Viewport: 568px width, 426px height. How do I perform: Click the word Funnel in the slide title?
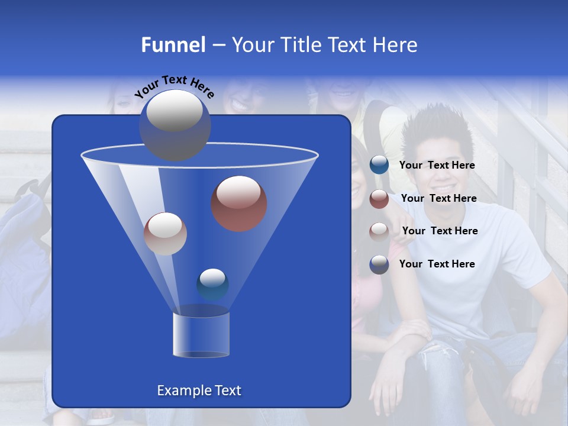(x=173, y=45)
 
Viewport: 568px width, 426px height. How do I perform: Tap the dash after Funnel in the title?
(x=218, y=46)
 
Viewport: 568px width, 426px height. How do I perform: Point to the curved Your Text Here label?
(x=174, y=86)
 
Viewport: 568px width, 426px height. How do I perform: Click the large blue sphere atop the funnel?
(x=175, y=125)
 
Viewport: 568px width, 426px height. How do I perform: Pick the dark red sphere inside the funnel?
(x=239, y=203)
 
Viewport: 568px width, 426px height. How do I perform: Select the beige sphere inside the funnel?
(x=165, y=234)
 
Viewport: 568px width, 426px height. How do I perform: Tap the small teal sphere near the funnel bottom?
(x=212, y=284)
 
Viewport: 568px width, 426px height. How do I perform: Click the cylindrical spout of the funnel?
(x=201, y=334)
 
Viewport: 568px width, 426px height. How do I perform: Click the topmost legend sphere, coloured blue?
(x=379, y=165)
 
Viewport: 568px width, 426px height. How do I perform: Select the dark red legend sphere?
(x=379, y=199)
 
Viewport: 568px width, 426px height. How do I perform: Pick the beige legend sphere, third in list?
(x=379, y=231)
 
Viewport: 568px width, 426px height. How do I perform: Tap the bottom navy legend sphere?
(x=379, y=264)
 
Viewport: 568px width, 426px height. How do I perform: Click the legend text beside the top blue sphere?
(x=437, y=165)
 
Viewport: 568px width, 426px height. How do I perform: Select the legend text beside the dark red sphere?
(x=438, y=198)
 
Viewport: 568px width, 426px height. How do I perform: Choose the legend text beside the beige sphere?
(x=440, y=231)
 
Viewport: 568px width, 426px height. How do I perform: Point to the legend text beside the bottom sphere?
(x=437, y=264)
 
